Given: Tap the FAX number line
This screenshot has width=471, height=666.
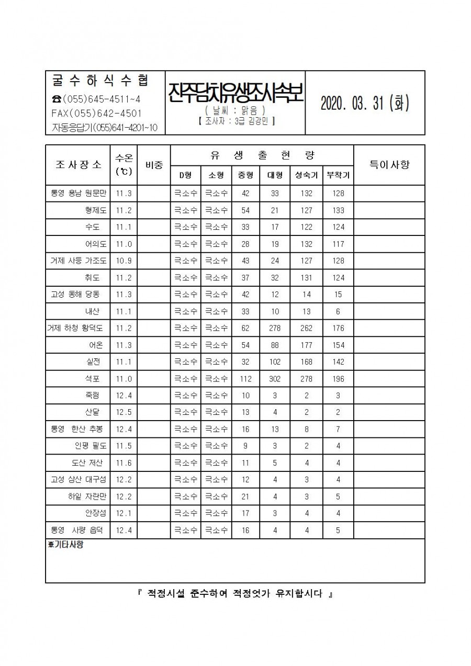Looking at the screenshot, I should coord(96,113).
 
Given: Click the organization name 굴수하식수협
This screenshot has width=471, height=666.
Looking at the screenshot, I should coord(101,81).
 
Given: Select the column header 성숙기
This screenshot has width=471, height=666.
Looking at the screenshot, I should coord(306,175).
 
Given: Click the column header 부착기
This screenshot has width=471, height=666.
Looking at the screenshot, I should coord(338,175).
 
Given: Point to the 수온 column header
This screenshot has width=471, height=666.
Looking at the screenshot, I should coord(124,164).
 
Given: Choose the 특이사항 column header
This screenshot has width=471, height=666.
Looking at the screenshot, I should coord(389,164).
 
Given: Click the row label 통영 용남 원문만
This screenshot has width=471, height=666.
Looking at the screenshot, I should coord(77,193).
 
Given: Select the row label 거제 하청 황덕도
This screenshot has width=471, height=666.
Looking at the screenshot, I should coord(75,329).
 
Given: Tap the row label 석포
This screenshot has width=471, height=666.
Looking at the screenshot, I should coord(94,379).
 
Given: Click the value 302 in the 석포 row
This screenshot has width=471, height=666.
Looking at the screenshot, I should coord(275,379).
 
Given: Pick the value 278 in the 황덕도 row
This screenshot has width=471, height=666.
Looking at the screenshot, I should coord(275,329).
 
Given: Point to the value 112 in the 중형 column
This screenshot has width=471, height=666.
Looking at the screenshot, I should coord(245,379).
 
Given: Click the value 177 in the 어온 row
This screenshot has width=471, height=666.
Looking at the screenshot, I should coord(306,345).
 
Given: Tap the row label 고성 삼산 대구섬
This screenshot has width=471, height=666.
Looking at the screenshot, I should coord(77,480).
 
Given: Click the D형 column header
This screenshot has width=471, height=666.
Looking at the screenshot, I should coord(186,175).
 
